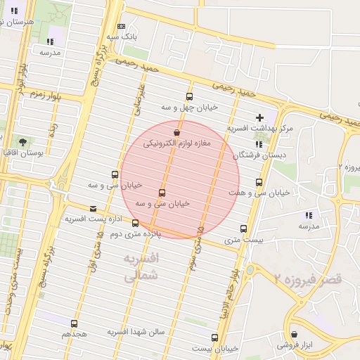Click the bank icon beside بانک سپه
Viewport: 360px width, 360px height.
coord(121,25)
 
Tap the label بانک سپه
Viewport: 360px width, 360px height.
coord(122,36)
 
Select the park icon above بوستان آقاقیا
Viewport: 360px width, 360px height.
coord(23,142)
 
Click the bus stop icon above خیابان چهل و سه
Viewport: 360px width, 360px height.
coord(188,96)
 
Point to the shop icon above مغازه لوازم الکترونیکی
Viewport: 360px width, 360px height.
coord(176,132)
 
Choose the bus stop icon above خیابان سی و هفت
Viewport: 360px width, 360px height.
coord(240,182)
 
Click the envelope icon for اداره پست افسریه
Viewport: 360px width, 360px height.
coord(94,208)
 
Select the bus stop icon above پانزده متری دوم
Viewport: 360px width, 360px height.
coord(135,224)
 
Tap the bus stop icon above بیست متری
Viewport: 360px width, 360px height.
coord(244,229)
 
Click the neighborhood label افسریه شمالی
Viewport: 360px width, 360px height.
coord(141,267)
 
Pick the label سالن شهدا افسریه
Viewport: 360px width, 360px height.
coord(136,331)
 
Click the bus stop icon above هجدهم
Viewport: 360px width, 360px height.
coord(74,323)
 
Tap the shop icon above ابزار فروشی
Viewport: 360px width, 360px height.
coord(293,335)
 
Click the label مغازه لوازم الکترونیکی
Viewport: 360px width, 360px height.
coord(177,143)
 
